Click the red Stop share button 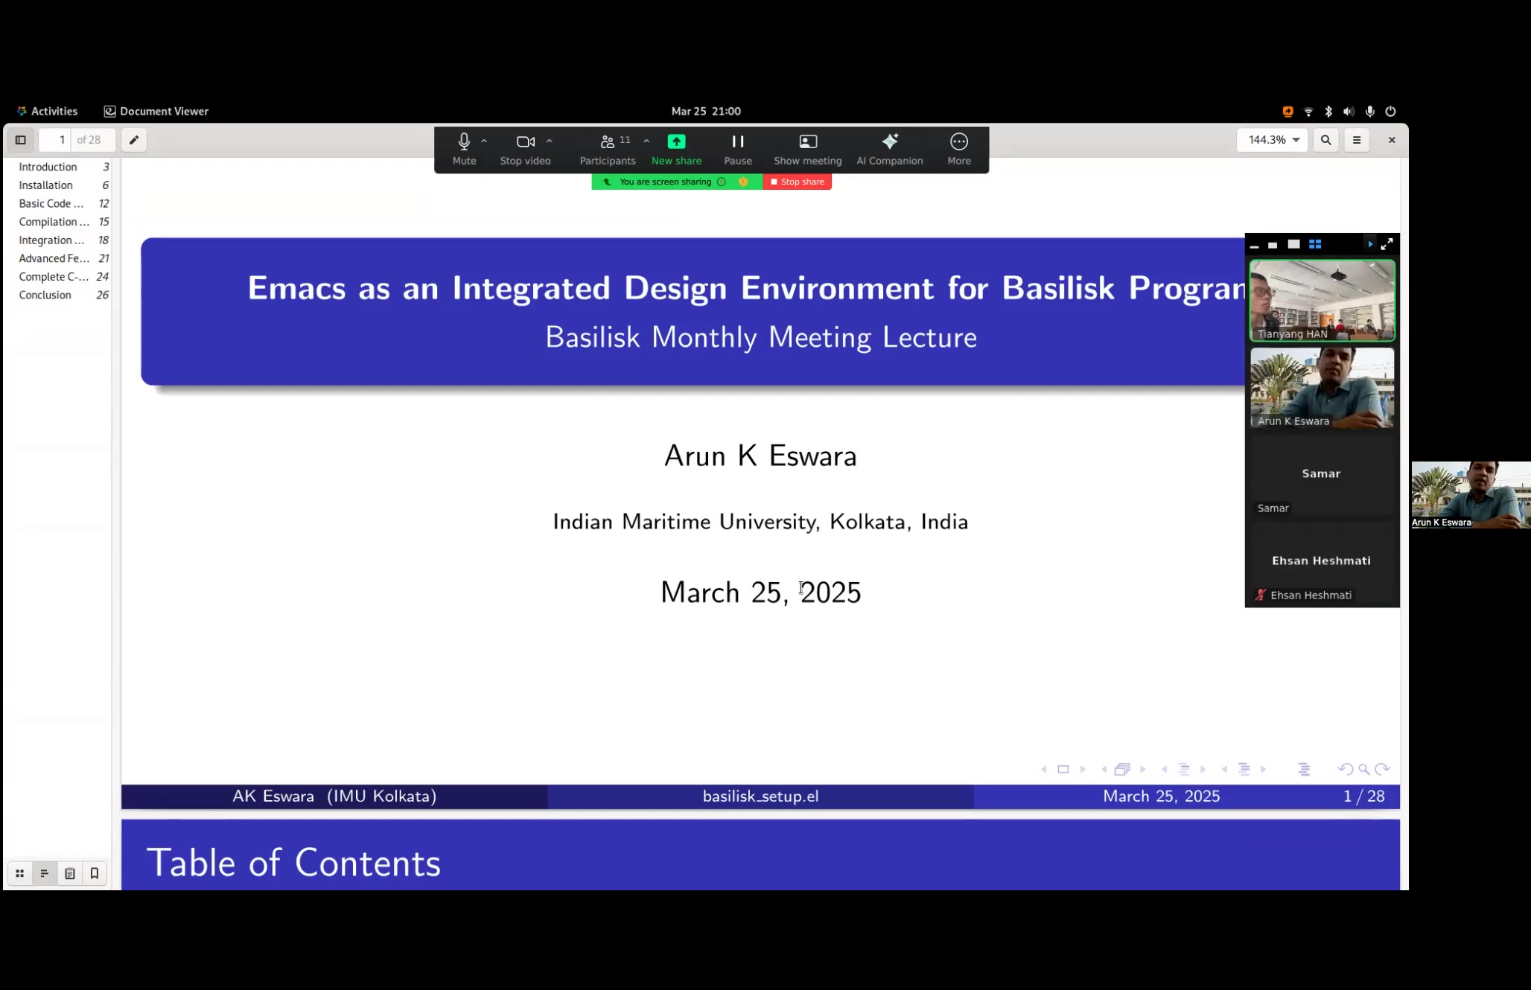tap(797, 182)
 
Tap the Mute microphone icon tap(464, 141)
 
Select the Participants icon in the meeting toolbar tap(608, 141)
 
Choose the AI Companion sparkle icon tap(890, 141)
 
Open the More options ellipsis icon tap(959, 141)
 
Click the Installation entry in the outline tap(46, 185)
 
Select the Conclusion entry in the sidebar tap(45, 295)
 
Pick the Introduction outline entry tap(48, 167)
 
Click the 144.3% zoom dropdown tap(1273, 140)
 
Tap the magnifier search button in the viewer tap(1326, 140)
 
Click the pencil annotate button tap(134, 140)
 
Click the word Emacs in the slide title tap(296, 288)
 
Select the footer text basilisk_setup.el tap(760, 796)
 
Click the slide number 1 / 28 tap(1364, 796)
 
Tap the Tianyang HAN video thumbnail tap(1322, 301)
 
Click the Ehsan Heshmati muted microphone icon tap(1260, 595)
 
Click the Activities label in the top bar tap(54, 111)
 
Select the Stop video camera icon tap(526, 141)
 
